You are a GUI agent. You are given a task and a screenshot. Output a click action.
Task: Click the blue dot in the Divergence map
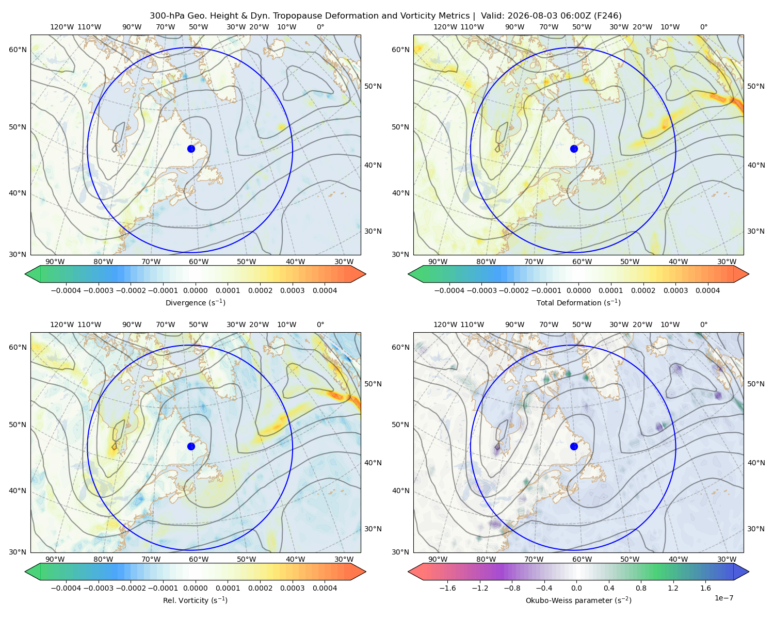point(191,149)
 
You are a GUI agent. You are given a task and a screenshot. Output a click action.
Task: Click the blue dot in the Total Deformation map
point(574,149)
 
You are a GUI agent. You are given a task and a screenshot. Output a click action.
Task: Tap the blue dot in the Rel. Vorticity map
point(191,446)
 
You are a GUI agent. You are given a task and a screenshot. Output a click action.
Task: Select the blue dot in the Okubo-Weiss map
point(574,446)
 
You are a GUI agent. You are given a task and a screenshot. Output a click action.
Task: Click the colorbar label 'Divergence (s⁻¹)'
point(195,303)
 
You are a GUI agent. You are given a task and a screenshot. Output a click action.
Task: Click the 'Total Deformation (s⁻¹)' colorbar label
point(578,303)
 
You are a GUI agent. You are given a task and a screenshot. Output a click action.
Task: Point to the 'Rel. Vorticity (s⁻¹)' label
point(195,600)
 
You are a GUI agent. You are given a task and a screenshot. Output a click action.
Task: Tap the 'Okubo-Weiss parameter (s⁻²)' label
point(578,600)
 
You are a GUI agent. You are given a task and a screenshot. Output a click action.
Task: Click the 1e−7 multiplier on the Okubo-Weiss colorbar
point(723,598)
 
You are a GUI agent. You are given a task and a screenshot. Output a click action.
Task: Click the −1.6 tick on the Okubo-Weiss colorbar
point(447,588)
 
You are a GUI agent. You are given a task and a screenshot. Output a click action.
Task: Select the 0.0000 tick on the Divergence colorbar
point(195,290)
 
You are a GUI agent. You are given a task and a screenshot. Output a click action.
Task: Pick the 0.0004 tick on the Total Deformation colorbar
point(707,290)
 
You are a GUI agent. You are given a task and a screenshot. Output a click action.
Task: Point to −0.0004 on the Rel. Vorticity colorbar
point(66,588)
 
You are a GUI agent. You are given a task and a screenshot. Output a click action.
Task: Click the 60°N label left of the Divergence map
point(18,50)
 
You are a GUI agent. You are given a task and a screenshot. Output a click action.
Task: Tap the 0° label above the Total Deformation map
point(703,27)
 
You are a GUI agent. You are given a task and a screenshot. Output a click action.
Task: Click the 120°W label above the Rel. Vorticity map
point(62,324)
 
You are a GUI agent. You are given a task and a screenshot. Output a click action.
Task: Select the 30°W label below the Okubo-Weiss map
point(727,559)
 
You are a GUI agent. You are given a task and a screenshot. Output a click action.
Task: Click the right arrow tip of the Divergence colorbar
point(365,274)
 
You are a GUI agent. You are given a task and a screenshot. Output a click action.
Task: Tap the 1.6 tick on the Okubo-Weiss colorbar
point(705,588)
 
